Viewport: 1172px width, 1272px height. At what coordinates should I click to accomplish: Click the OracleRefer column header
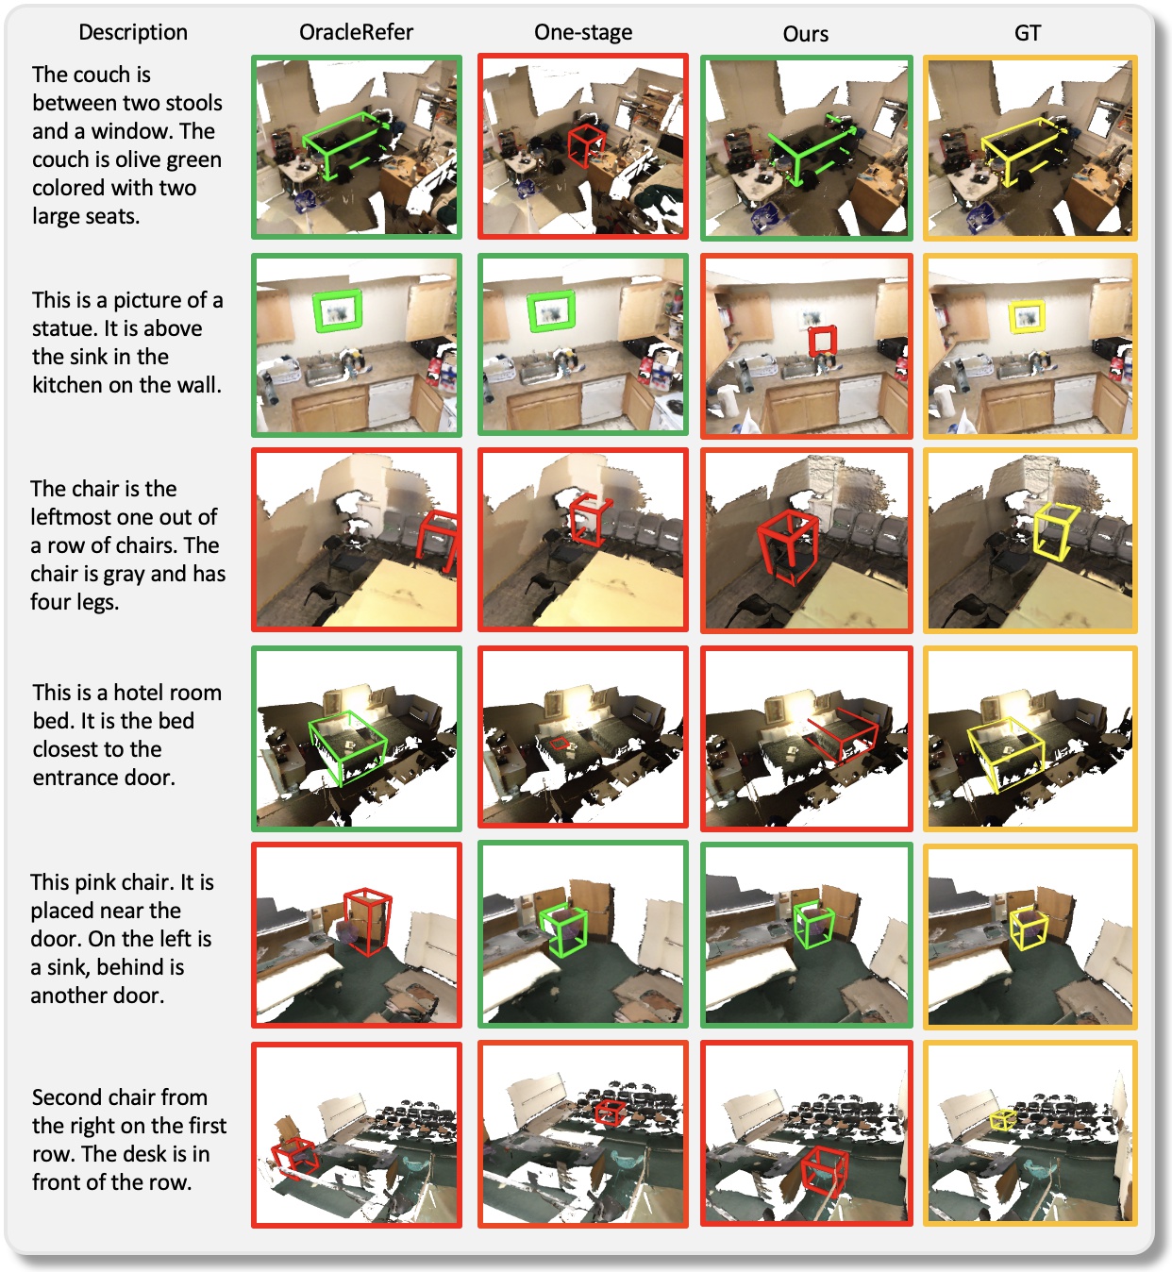click(356, 32)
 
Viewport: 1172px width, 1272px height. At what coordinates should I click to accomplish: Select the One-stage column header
click(583, 32)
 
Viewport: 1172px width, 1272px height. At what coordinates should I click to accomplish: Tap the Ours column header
click(806, 34)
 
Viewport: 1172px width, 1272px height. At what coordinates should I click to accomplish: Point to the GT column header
click(1028, 33)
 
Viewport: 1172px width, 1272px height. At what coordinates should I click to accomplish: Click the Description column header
click(133, 32)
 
